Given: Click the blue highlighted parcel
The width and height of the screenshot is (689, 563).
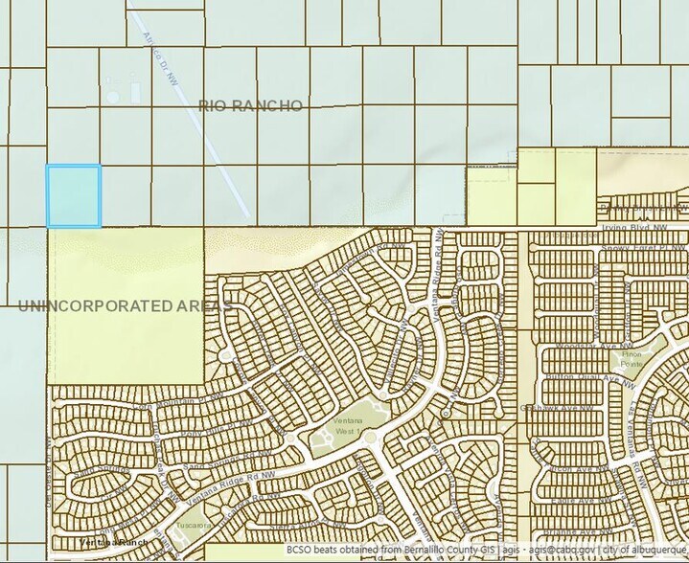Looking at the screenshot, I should (74, 196).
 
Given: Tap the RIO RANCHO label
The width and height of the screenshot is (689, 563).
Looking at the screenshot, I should (251, 105).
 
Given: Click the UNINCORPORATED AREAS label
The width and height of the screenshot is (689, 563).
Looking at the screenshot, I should (125, 306).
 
